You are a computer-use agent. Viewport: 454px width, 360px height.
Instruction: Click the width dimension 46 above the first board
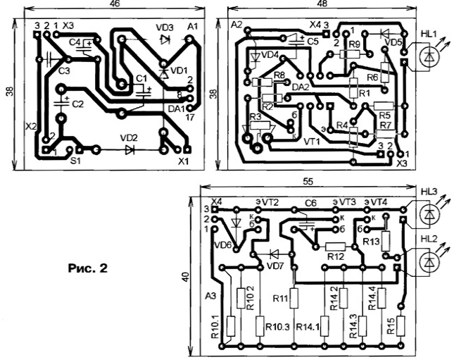tap(115, 4)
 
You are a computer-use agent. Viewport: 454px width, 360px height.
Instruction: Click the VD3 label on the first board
tap(165, 27)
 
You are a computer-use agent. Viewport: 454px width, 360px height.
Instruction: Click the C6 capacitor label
tap(310, 202)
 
